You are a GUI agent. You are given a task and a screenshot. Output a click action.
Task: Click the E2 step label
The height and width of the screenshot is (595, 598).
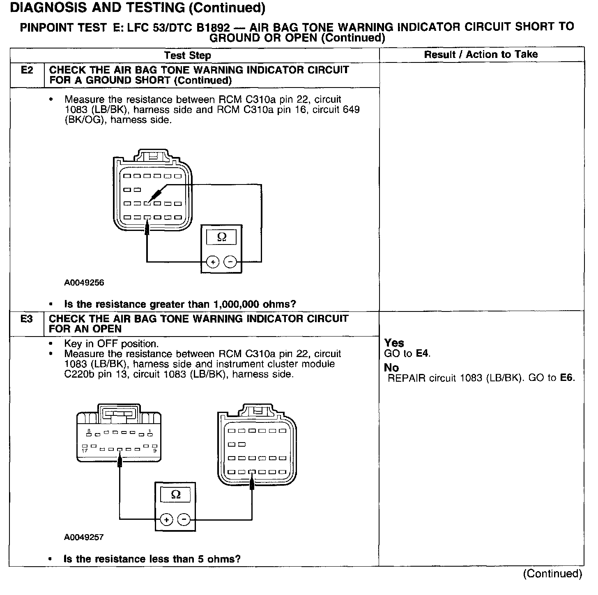(27, 70)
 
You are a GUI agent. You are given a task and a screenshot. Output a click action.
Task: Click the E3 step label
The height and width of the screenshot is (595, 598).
(27, 319)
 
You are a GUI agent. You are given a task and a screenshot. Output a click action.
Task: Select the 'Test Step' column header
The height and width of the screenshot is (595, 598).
(187, 55)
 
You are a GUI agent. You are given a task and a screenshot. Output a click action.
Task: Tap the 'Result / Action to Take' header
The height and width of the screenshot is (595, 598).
(481, 54)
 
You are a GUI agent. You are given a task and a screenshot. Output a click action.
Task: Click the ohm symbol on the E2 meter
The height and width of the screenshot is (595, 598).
(221, 237)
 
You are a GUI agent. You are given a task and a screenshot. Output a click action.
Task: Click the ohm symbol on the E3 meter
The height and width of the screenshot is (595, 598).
(175, 494)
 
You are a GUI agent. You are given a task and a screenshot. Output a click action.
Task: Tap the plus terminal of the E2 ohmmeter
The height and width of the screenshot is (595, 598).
(212, 262)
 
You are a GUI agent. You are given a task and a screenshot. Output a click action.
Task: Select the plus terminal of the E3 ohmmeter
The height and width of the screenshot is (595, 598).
(166, 520)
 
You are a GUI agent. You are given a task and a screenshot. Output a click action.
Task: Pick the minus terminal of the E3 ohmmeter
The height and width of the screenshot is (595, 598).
(184, 520)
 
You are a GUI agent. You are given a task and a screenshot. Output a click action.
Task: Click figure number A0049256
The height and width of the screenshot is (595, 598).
(84, 283)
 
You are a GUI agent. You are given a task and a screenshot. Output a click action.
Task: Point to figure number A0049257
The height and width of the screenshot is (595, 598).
(84, 537)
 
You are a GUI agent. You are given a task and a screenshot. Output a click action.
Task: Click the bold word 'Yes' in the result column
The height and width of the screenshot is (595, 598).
(394, 343)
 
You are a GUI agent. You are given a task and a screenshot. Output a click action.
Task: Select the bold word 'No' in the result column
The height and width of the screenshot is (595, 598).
(391, 368)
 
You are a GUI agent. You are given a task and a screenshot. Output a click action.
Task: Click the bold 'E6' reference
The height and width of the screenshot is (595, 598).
(566, 378)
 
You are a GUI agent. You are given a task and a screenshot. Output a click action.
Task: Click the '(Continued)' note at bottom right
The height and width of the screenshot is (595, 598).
(552, 574)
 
